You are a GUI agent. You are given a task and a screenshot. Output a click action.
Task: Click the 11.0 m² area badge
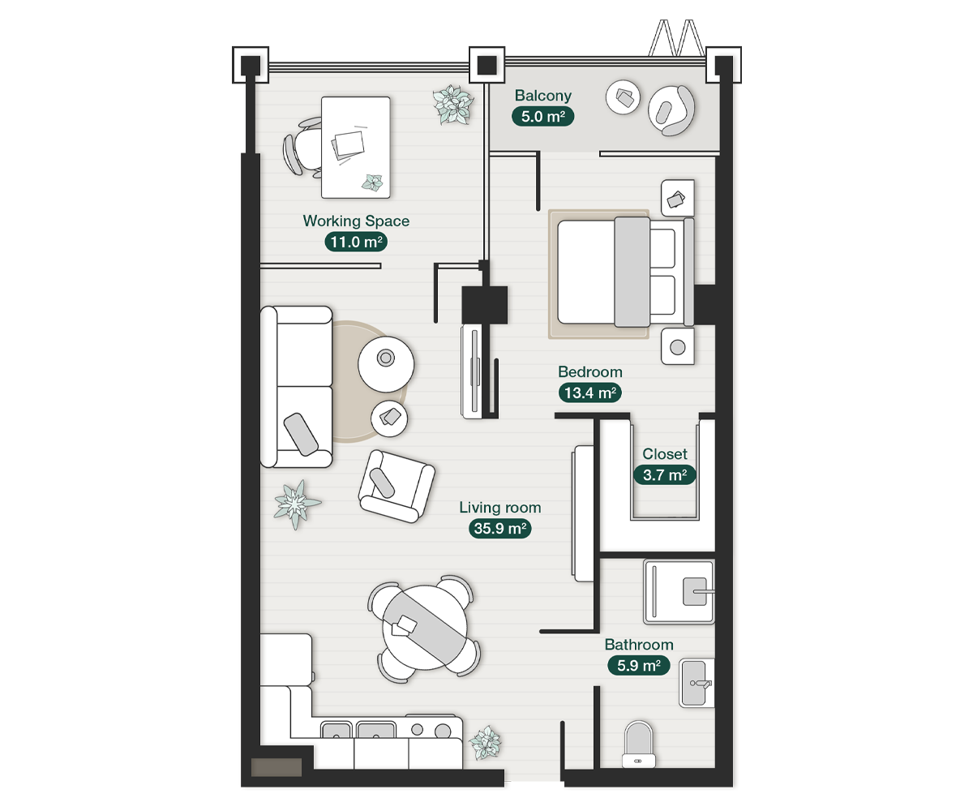tap(356, 242)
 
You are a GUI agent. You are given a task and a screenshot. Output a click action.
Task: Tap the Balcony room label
tap(543, 96)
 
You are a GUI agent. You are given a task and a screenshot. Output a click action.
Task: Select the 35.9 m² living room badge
tap(500, 529)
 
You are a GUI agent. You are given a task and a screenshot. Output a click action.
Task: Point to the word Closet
tap(665, 454)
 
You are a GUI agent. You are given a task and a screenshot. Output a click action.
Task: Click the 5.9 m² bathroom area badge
tap(639, 666)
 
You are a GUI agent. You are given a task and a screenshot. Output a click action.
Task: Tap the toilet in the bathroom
tap(638, 744)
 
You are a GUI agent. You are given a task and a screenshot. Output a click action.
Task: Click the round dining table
tap(425, 629)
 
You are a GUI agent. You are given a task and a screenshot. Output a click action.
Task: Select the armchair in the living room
tap(396, 486)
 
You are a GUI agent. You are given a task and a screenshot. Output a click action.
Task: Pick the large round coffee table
tap(386, 364)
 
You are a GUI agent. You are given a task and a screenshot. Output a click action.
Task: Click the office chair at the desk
tap(302, 148)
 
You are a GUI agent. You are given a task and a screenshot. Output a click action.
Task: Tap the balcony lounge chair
tap(671, 110)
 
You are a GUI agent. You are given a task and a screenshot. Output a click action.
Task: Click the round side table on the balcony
tap(623, 97)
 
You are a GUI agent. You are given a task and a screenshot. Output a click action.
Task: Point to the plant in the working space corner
tap(453, 105)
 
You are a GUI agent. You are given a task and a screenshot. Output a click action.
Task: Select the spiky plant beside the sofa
tap(297, 504)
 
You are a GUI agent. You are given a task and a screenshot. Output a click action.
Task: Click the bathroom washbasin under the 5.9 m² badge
tap(697, 683)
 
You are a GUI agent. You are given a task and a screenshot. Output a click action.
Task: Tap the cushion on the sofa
tap(301, 434)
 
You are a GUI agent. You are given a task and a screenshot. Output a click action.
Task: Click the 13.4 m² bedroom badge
tap(590, 393)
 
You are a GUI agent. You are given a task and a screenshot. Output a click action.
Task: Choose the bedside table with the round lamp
tap(678, 347)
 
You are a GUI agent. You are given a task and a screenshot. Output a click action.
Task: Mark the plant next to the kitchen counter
tap(485, 743)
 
